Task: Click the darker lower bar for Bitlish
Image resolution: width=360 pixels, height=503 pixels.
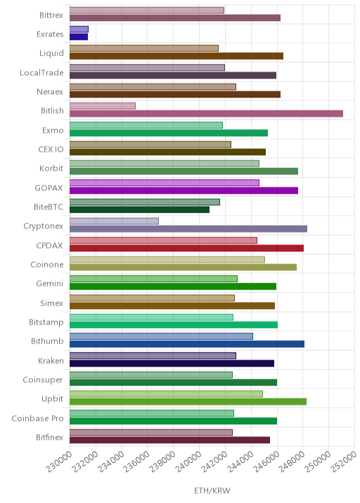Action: [206, 114]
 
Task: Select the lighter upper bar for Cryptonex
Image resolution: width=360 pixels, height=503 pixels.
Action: [114, 221]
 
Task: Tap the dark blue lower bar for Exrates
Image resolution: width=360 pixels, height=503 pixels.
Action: [79, 37]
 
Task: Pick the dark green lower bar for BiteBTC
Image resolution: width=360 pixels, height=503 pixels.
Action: [139, 209]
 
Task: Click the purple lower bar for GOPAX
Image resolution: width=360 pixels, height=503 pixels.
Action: [184, 190]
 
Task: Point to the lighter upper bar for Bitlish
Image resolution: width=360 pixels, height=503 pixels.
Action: [103, 106]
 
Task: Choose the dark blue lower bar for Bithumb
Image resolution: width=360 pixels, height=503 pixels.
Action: [187, 344]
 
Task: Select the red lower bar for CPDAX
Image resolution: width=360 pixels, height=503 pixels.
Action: [186, 248]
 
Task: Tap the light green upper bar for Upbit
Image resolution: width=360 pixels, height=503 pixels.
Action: [166, 394]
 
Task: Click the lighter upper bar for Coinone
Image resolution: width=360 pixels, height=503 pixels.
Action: [167, 259]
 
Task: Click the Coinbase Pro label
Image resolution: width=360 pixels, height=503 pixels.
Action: [37, 418]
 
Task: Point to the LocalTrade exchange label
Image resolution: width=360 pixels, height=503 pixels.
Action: [41, 73]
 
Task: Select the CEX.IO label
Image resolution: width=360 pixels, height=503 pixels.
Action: [51, 150]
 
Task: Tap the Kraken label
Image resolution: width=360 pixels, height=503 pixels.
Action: [51, 361]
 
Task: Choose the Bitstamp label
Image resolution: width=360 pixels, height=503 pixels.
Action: [46, 322]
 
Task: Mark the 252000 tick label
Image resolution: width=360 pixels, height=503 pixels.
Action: [344, 462]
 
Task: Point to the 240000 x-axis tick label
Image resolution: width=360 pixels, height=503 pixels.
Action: [188, 462]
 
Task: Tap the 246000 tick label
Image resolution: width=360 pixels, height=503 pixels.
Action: [266, 462]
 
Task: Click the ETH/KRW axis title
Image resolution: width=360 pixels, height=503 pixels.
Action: [212, 490]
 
